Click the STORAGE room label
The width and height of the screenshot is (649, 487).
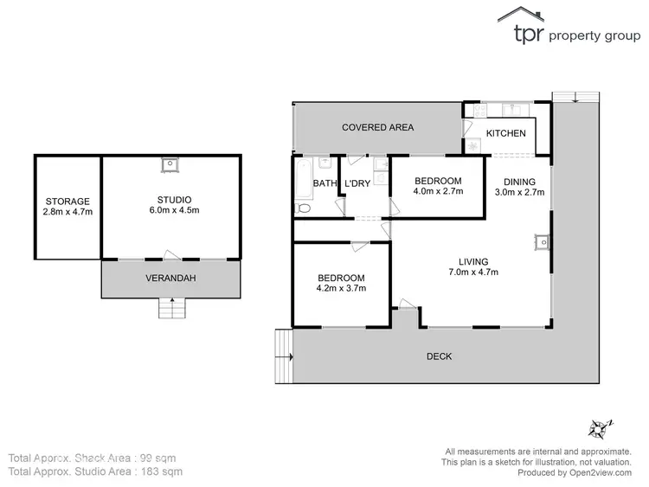coord(67,201)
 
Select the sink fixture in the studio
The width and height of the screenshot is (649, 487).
coord(171,162)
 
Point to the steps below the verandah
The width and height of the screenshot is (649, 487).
coord(173,307)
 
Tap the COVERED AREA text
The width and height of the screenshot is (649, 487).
coord(377,127)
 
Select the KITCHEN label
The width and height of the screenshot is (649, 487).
coord(506,133)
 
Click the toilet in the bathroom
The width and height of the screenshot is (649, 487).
coord(303,208)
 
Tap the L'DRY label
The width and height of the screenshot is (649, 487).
coord(358,183)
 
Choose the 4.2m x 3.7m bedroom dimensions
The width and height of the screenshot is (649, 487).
coord(341,289)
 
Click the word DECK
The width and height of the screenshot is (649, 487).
coord(439,356)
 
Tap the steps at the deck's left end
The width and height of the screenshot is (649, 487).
coord(284,356)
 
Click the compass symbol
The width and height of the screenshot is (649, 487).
coord(598,427)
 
